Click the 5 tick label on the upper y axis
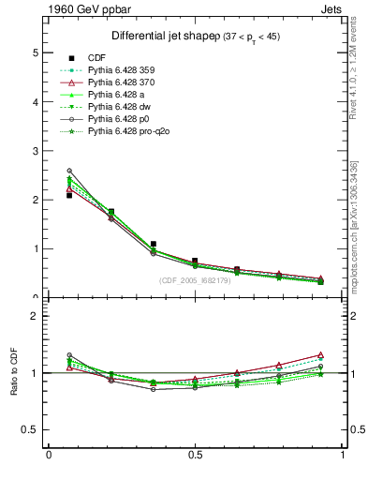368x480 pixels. point(35,53)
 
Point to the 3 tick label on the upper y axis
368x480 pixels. point(35,151)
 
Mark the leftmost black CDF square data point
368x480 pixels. point(69,195)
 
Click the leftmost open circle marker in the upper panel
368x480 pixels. point(69,171)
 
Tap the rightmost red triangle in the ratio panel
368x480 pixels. point(320,355)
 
